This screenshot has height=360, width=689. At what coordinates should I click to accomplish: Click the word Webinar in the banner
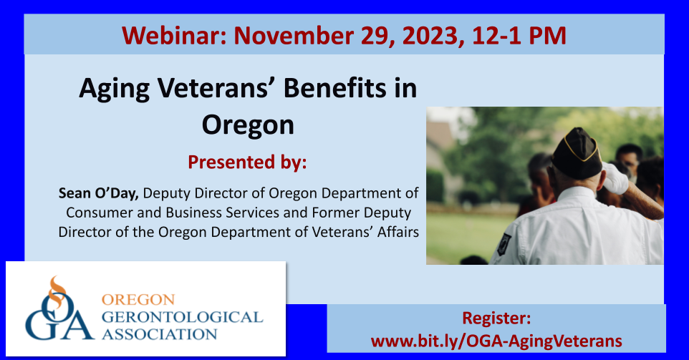tap(175, 36)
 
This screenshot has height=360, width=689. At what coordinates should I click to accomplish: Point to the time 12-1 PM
tap(519, 36)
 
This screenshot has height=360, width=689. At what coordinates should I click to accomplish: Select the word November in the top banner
tap(294, 36)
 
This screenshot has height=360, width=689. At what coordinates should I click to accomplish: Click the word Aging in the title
tap(115, 89)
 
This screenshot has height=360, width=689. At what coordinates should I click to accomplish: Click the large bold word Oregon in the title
tap(248, 126)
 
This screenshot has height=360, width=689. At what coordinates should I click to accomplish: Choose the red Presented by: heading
tap(247, 162)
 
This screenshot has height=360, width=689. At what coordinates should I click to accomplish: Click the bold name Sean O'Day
tap(98, 193)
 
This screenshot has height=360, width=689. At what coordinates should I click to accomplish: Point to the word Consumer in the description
tap(100, 213)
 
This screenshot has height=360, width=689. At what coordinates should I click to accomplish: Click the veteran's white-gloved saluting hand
tap(616, 178)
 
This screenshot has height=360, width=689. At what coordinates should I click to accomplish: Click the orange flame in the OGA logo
tap(57, 291)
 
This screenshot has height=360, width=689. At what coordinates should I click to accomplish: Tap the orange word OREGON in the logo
tap(138, 299)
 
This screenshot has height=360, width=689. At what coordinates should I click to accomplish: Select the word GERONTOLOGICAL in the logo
tap(183, 317)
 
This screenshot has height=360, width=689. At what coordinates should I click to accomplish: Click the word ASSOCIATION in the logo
tap(160, 334)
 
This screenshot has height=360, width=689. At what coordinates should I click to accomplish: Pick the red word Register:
tap(496, 318)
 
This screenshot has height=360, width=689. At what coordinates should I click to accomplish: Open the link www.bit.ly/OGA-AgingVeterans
tap(496, 341)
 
